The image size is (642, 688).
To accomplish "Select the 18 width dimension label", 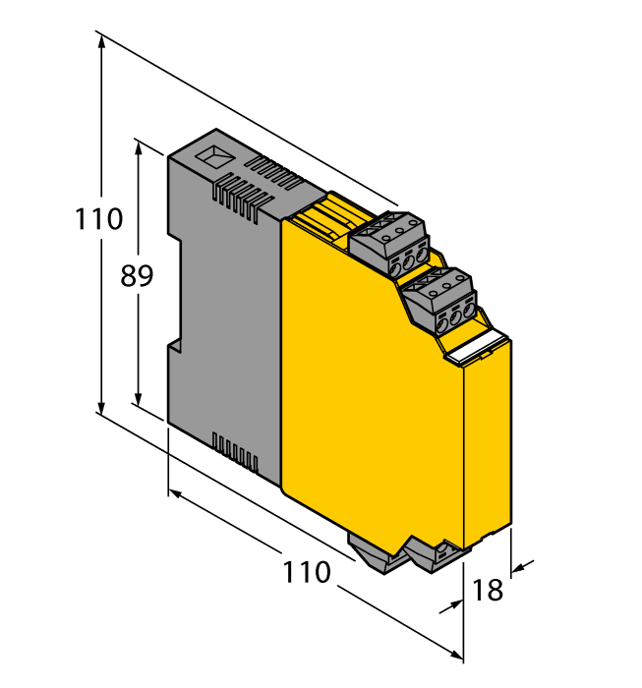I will pos(488,590).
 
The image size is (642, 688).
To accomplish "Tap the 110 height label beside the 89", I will pos(99,218).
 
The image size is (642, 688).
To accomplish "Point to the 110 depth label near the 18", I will pos(307,572).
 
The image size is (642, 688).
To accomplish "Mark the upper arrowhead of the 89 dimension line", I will pos(139,147).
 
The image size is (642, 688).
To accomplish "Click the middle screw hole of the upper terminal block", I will pos(400,264).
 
